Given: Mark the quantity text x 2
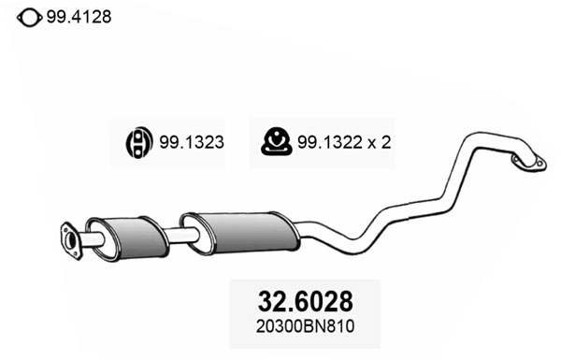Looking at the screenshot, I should point(378,143).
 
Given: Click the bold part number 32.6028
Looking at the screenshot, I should point(305,303).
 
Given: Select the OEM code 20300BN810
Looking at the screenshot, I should point(305,327).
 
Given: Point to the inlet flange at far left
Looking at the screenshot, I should point(69,239).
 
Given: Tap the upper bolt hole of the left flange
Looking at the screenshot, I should point(65,230).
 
